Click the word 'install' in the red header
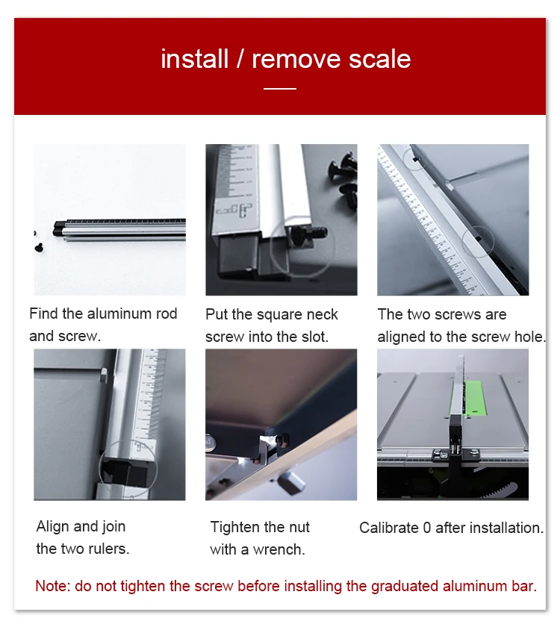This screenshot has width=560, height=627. point(194,59)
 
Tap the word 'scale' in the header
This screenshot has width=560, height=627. point(379,59)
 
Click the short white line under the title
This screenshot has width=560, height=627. point(280,88)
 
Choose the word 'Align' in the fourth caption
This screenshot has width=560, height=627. point(53,527)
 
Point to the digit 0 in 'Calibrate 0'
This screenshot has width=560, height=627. point(427,528)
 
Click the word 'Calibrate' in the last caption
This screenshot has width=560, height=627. point(389,528)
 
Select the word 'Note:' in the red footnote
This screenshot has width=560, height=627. point(53,586)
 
